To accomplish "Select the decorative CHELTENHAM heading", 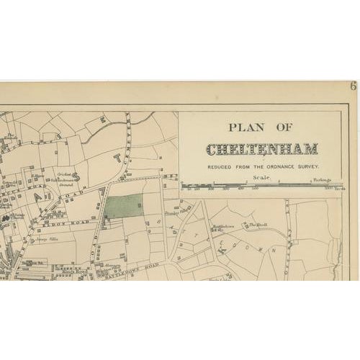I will click(262, 150).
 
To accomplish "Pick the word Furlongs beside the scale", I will click(330, 181).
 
